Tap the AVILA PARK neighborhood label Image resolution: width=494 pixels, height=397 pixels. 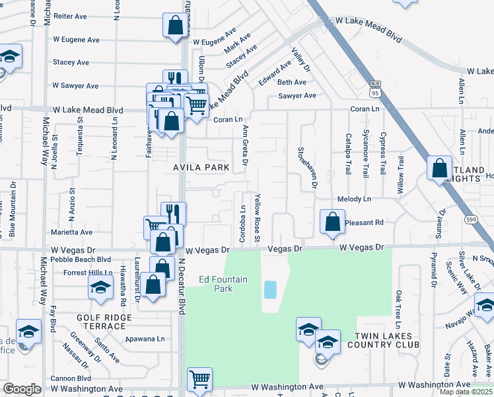[x=201, y=167]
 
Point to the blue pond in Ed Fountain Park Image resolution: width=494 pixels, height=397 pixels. [x=270, y=289]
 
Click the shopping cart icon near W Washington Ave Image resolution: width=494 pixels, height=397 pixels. [x=199, y=380]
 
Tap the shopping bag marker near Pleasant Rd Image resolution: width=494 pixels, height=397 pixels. [x=333, y=222]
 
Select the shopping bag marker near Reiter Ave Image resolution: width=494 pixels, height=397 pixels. [x=175, y=26]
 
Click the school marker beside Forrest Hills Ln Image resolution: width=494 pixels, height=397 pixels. [x=100, y=287]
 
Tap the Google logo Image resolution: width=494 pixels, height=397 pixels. [x=22, y=389]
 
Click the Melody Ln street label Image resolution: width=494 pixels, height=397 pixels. [x=354, y=198]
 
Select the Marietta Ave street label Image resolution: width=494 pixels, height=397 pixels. [x=72, y=232]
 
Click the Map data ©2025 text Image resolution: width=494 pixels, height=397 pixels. [x=466, y=392]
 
